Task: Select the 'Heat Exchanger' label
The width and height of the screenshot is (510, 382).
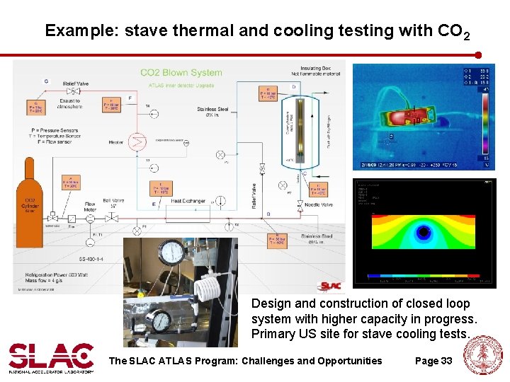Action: point(188,201)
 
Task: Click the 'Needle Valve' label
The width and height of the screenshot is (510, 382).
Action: point(318,205)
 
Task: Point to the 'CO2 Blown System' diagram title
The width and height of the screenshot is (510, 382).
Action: point(181,72)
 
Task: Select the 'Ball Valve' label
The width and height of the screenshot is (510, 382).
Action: point(113,202)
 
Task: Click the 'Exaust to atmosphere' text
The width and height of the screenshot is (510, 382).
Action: point(70,104)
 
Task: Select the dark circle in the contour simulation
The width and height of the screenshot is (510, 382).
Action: point(424,231)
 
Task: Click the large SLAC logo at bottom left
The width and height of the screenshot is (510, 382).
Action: point(51,357)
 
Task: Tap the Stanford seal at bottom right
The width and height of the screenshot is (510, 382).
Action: point(487,355)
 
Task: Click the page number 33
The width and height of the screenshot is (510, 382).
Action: point(446,361)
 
